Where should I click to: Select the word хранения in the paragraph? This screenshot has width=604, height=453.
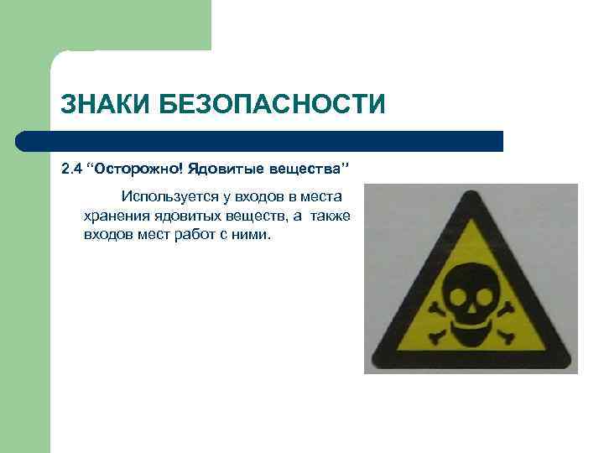(114, 216)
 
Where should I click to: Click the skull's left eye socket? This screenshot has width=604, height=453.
(457, 296)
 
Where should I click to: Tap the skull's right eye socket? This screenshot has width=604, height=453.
(485, 296)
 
